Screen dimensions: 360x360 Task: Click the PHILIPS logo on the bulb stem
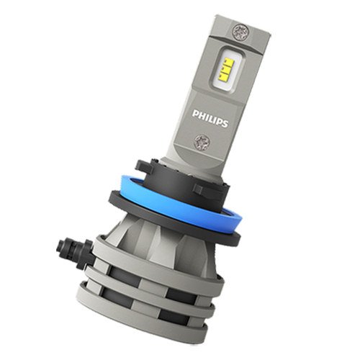[x=210, y=118]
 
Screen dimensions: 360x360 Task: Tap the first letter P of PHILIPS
[x=195, y=113]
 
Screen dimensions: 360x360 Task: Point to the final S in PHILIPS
[x=225, y=123]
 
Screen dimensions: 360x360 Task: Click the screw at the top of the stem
[x=240, y=31]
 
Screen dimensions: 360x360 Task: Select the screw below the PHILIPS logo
[x=202, y=141]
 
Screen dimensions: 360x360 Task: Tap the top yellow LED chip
[x=228, y=63]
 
